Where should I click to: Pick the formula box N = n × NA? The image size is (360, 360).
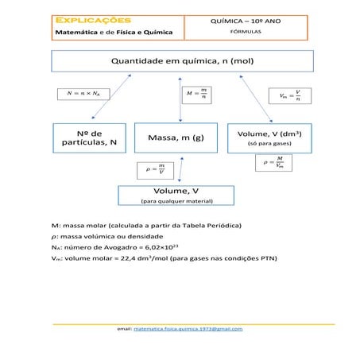point(79,94)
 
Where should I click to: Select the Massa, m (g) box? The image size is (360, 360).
point(176,137)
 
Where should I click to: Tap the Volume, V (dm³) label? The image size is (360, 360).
point(269,134)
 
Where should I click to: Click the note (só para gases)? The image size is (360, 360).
point(269,145)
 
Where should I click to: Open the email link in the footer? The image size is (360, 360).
point(188,328)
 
